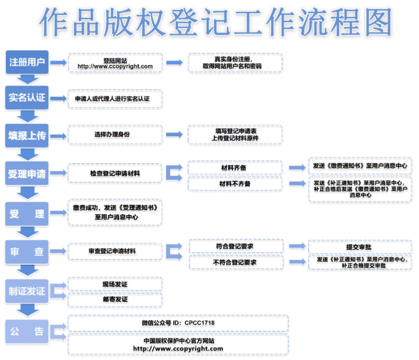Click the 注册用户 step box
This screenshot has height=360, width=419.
27,62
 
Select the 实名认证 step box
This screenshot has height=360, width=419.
27,98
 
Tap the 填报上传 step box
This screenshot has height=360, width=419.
27,136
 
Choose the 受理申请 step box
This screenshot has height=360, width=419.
27,174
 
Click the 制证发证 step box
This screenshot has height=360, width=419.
27,291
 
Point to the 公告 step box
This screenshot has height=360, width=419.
27,332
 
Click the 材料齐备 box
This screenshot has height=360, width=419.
235,168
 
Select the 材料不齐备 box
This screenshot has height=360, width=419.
235,184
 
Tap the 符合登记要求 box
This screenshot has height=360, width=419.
236,246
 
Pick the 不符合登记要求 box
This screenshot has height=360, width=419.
236,262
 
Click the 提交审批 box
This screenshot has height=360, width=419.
360,247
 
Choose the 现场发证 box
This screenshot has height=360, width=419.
115,284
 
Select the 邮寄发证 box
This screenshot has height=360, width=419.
115,299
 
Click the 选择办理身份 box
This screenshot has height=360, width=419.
115,135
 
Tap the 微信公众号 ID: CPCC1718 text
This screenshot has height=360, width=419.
178,323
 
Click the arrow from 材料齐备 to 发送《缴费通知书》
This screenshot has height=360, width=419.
297,168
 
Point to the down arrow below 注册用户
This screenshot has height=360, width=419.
27,79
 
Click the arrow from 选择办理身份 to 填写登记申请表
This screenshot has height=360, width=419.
174,134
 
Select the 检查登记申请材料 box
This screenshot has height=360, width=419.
115,173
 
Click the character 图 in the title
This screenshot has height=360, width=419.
378,22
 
